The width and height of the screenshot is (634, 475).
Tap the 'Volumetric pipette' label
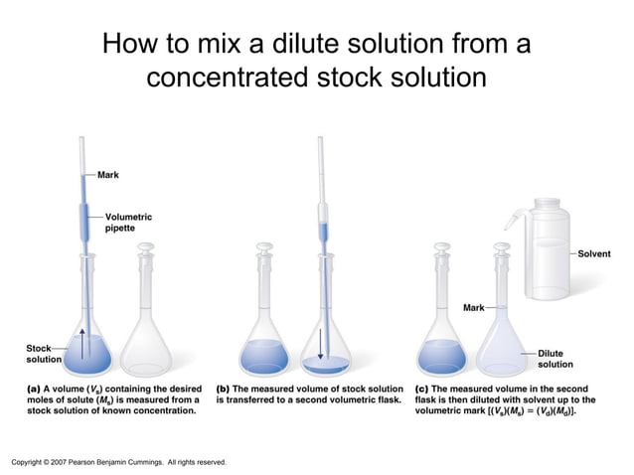coord(128,222)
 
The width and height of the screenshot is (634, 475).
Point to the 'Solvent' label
coord(594,254)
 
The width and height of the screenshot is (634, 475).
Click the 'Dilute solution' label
coord(555,359)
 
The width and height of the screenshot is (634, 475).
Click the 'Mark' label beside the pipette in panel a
coord(108,175)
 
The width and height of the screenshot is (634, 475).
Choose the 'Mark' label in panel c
coord(474,308)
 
